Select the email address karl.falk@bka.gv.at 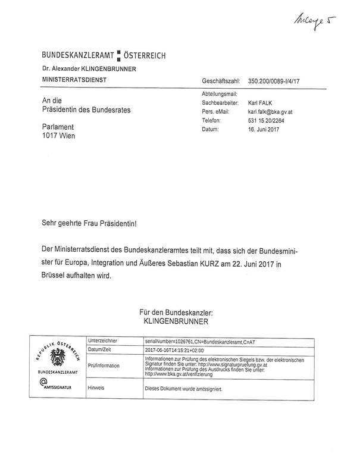[x=276, y=112]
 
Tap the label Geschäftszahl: [x=221, y=80]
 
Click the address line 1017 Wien [x=59, y=136]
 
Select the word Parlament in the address [x=58, y=127]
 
